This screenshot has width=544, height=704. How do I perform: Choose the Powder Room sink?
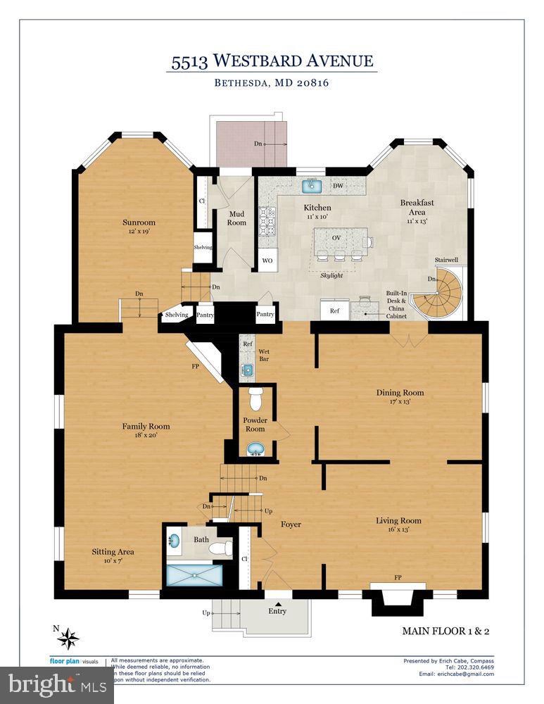click(x=255, y=448)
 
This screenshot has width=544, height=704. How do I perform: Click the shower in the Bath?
click(x=194, y=574)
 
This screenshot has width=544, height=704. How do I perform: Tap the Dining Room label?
click(x=400, y=393)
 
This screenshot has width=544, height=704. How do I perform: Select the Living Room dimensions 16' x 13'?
click(x=398, y=529)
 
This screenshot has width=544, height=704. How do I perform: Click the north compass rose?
click(x=69, y=638)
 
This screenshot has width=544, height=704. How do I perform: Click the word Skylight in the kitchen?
click(x=331, y=275)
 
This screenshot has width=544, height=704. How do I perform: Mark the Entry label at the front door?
click(x=278, y=611)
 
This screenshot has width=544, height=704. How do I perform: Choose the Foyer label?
click(x=291, y=524)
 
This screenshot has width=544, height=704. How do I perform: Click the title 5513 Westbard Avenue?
click(x=272, y=61)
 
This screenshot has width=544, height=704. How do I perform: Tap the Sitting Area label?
click(x=113, y=552)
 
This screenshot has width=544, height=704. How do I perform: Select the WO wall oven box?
click(x=267, y=260)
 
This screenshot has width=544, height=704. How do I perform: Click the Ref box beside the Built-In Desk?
click(x=335, y=310)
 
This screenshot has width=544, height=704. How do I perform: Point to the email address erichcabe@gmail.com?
click(x=458, y=674)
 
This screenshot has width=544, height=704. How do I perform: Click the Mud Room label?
click(x=236, y=218)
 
